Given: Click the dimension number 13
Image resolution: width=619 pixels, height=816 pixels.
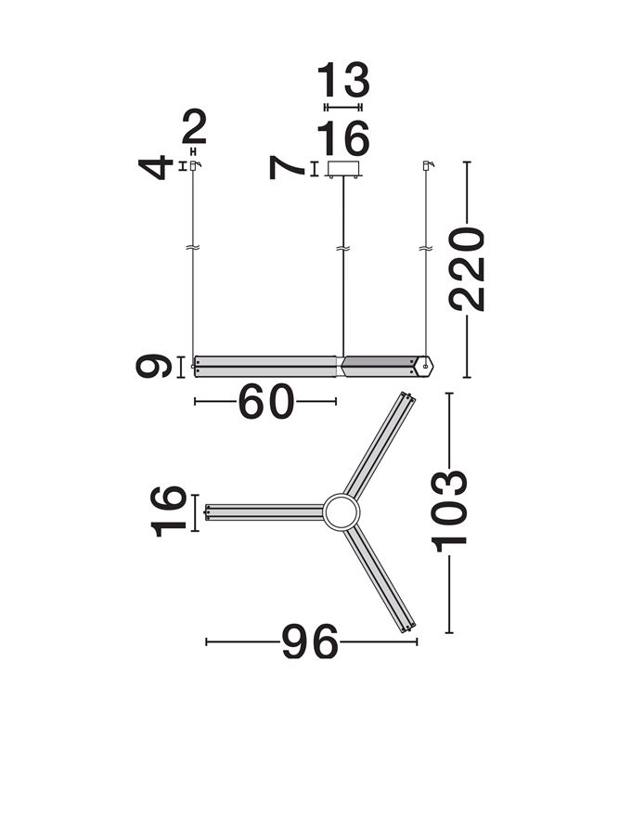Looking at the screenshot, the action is point(343,80).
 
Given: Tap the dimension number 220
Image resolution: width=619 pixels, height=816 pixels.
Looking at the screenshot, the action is point(467,268).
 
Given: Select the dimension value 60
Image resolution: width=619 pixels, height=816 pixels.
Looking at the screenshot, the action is point(265,401).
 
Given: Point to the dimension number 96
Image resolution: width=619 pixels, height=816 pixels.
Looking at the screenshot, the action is point(310,641).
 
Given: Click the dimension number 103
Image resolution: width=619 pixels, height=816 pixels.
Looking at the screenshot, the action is point(449,511).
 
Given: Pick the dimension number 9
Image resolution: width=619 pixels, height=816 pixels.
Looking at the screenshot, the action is point(153,366).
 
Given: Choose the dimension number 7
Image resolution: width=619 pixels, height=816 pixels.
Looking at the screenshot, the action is point(286,168).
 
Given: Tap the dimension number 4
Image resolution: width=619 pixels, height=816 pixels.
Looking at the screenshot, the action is point(156,167).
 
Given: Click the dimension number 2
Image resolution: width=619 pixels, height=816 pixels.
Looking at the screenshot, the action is point(195,127).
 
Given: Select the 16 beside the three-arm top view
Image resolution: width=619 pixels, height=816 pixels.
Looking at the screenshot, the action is point(168,512).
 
